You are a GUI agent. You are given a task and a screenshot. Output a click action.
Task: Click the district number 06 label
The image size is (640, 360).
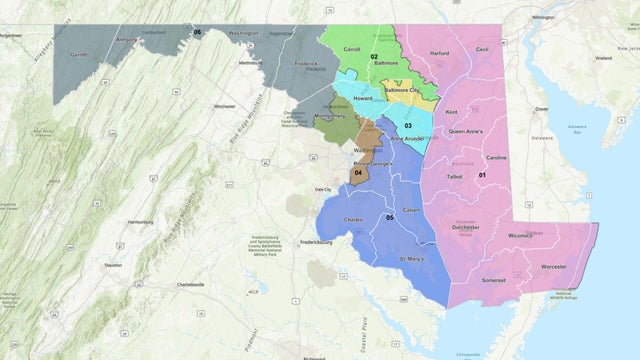197,32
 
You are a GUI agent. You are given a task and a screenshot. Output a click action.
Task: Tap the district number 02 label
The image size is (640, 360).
373,57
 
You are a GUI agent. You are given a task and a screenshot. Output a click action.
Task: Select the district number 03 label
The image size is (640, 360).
408,125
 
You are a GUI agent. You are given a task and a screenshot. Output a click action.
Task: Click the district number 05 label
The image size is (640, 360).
389,217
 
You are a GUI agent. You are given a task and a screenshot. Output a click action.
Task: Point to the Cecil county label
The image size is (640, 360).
481,48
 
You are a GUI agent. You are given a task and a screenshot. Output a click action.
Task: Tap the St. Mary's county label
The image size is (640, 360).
412,259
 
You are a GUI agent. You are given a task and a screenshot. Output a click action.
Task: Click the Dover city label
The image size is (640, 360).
541,108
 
